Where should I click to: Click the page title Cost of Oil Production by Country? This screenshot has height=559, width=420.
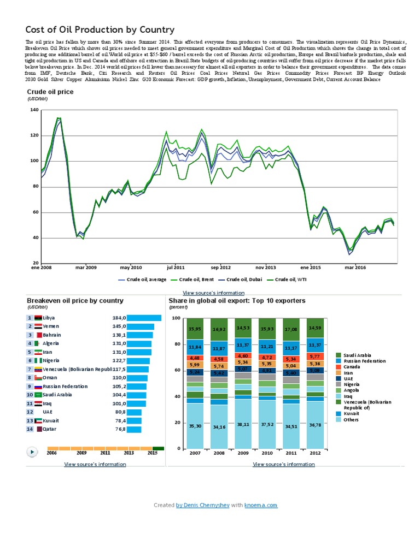pos(100,30)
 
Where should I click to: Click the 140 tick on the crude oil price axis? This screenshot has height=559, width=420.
pos(34,110)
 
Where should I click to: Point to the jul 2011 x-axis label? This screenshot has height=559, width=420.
pos(176,268)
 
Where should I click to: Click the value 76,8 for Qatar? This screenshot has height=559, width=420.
pos(119,429)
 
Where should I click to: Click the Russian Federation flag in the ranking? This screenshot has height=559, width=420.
pos(38,386)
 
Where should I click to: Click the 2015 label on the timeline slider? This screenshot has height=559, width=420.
pos(153,453)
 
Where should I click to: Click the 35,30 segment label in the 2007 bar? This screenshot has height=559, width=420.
pos(195,425)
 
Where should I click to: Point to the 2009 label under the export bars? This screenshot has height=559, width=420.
pos(243,453)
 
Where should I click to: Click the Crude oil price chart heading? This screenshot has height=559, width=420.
pos(50,92)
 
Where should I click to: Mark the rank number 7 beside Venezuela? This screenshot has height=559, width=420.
pos(29,369)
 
